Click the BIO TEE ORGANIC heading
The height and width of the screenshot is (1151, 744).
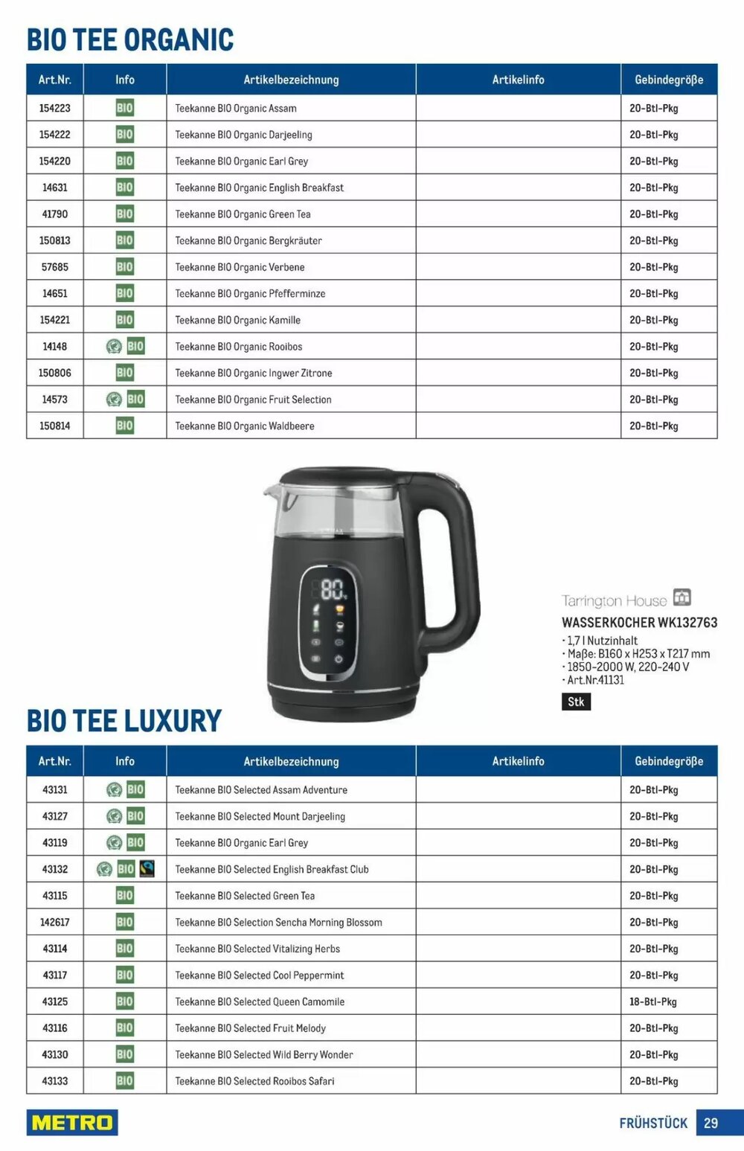(x=130, y=39)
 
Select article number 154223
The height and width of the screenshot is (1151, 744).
(x=54, y=108)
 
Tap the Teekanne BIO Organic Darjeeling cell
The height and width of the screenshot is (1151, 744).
(x=243, y=135)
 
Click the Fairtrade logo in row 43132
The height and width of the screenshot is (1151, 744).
(x=147, y=868)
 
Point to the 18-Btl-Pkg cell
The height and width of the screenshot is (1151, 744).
(x=653, y=1001)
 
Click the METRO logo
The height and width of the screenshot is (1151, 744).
(x=72, y=1122)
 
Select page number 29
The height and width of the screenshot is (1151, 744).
(x=711, y=1123)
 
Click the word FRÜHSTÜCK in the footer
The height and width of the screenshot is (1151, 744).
(x=653, y=1123)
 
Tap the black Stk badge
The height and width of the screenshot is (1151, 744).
(x=576, y=702)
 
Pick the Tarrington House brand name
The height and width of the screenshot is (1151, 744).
(x=614, y=600)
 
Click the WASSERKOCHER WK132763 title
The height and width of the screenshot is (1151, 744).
(x=639, y=622)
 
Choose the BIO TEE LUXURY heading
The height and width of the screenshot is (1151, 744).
(x=124, y=720)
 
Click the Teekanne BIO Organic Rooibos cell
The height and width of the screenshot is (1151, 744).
(x=238, y=347)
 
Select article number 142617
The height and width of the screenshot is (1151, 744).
(x=54, y=922)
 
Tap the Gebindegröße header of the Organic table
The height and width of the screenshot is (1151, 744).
(x=668, y=80)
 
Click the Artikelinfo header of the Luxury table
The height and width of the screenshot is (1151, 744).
(x=518, y=761)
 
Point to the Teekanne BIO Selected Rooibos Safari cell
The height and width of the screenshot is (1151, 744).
(x=254, y=1081)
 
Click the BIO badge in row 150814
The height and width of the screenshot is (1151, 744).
(x=125, y=426)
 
